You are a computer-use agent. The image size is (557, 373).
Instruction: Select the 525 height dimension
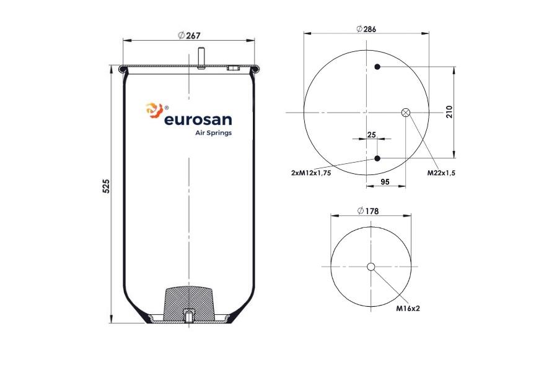click(x=106, y=186)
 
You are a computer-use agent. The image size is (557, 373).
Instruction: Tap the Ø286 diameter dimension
click(x=366, y=29)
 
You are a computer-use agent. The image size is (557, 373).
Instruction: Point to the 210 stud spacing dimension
click(x=449, y=112)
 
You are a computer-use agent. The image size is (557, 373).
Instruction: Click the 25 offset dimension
click(x=371, y=135)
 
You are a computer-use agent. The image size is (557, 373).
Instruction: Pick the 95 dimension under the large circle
click(x=385, y=182)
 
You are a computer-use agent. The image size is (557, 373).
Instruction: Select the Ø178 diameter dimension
click(x=368, y=211)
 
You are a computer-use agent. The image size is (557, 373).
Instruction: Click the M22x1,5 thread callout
click(x=441, y=173)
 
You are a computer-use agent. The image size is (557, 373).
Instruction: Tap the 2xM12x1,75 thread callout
click(x=311, y=173)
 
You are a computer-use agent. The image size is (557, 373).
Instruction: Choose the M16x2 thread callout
click(x=408, y=309)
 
